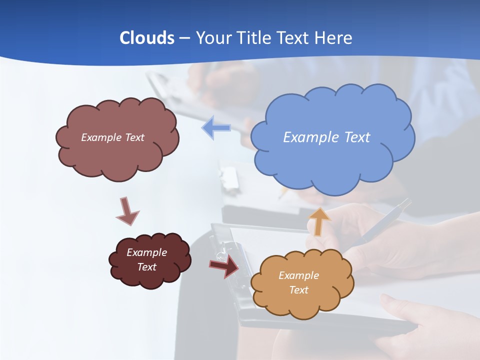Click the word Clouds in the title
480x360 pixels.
146,38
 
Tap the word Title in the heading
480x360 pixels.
253,38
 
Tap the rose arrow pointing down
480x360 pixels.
126,211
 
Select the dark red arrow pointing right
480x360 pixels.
223,265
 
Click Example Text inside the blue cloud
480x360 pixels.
326,137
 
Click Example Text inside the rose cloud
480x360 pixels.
112,137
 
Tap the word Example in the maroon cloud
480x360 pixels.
146,252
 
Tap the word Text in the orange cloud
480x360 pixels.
298,290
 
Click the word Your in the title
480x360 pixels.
213,38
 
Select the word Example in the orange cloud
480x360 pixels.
298,275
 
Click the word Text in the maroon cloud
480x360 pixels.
146,267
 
